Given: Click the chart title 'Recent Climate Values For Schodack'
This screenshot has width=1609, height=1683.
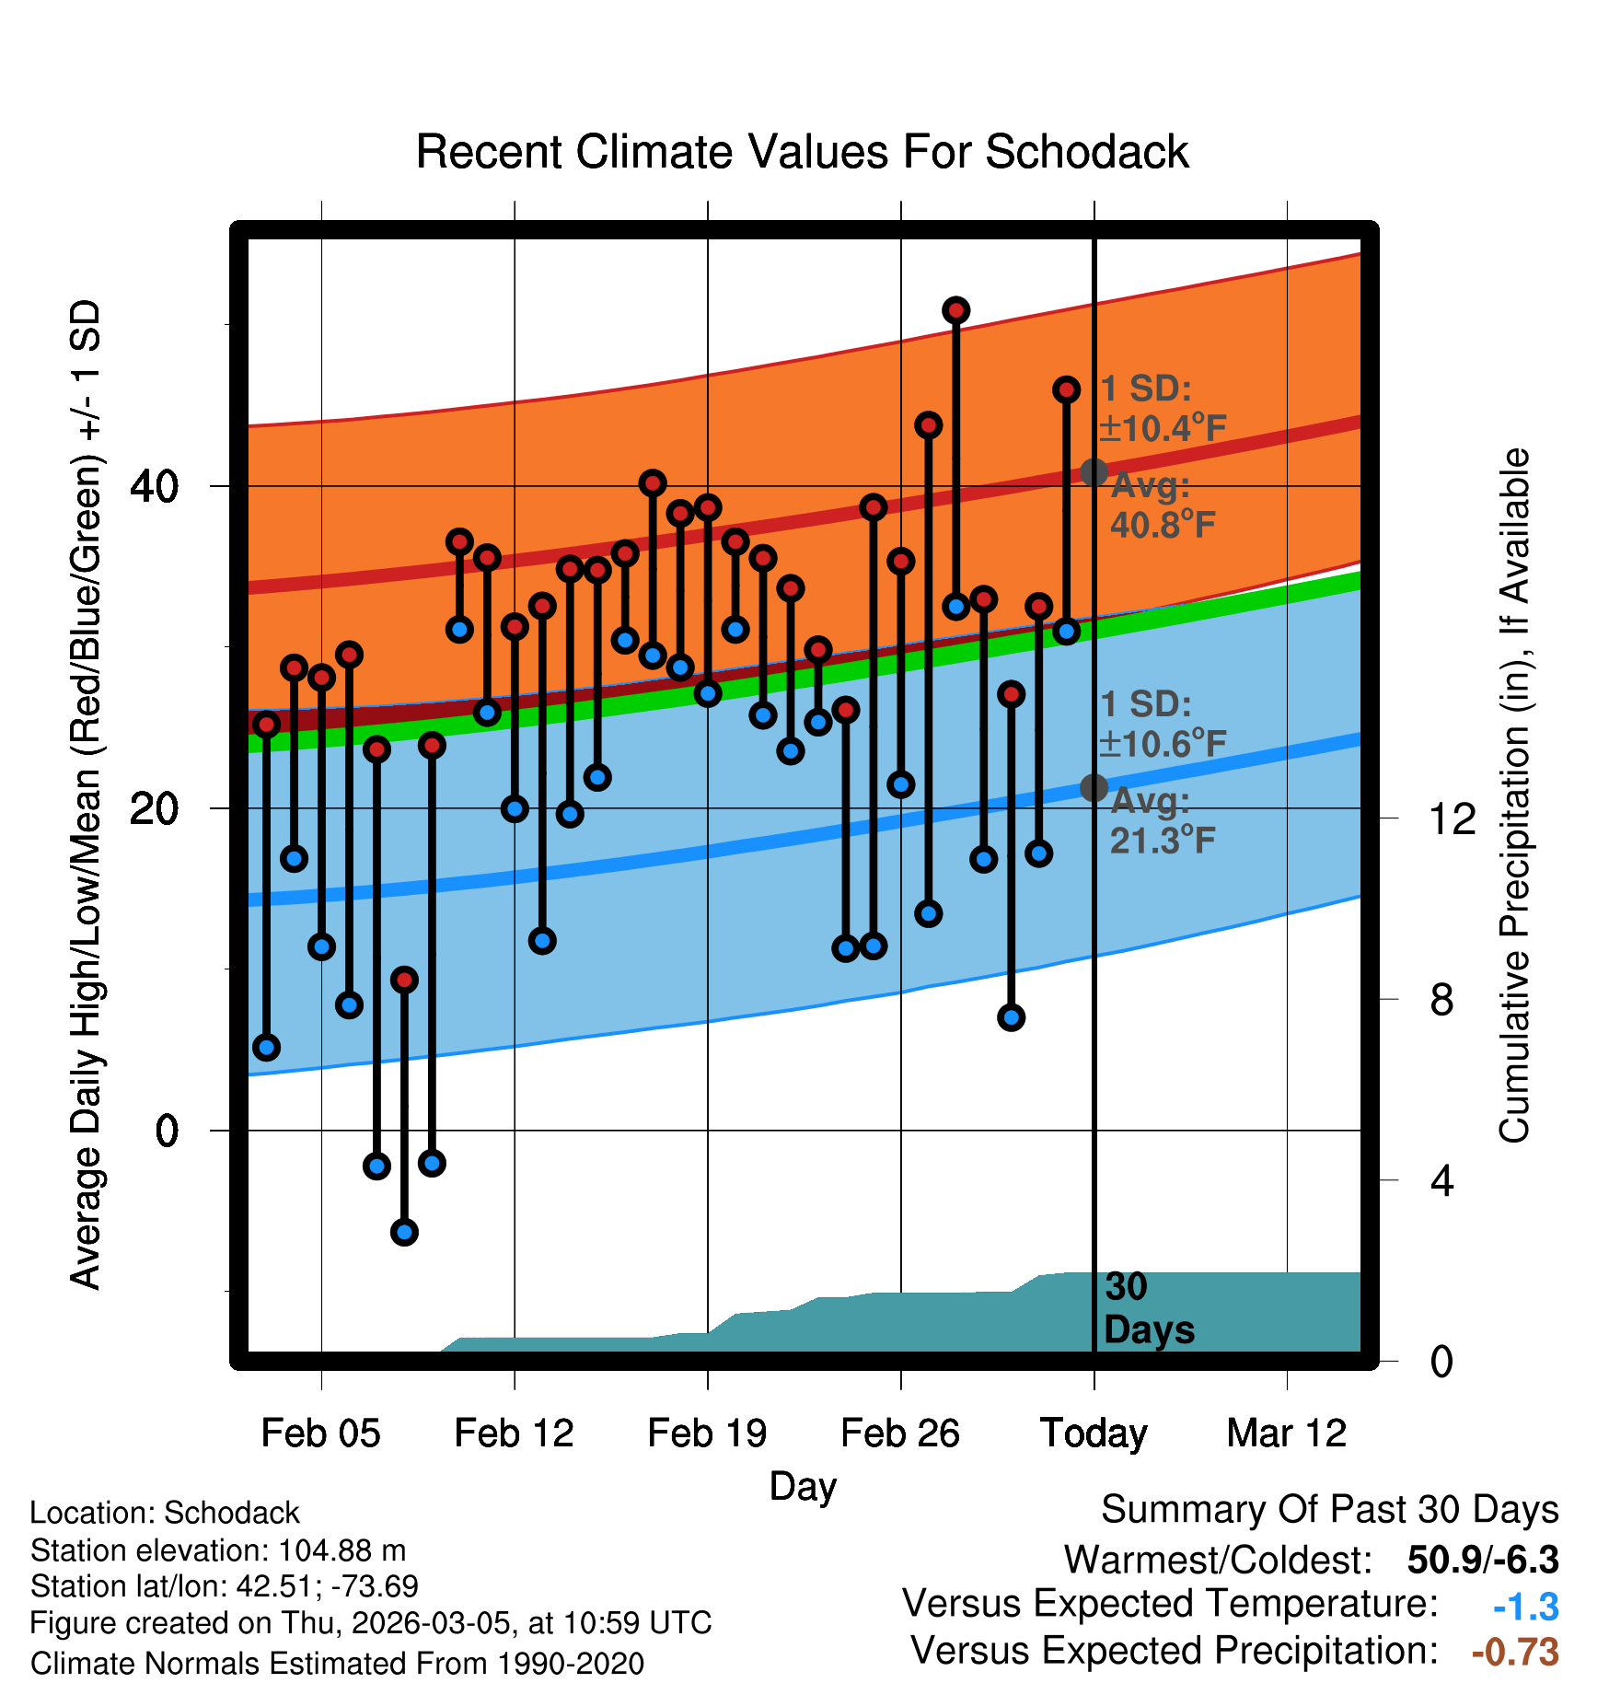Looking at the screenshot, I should coord(802,152).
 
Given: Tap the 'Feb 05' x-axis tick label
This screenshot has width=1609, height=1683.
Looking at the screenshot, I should coord(320,1433).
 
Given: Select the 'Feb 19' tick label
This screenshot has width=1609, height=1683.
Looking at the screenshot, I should coord(707,1433).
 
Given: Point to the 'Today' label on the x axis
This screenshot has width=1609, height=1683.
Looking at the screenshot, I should coord(1094,1433).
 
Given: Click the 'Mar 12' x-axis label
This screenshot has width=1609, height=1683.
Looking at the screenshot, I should coord(1287,1433).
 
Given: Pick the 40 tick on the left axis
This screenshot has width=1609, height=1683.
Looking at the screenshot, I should coord(154,486).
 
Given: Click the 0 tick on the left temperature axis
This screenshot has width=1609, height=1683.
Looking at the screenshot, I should coord(166,1131).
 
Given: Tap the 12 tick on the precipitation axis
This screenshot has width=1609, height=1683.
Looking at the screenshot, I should coord(1453,818).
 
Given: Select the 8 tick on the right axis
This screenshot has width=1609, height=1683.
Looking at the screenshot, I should coord(1441,999).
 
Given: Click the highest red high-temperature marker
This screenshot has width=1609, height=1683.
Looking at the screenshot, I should coord(955,310).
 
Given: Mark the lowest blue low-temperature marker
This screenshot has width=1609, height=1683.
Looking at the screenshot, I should coord(404,1232).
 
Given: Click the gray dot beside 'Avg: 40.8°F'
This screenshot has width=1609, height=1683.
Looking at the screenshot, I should coord(1094,472).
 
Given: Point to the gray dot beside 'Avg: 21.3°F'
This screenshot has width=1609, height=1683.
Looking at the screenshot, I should coord(1094,787).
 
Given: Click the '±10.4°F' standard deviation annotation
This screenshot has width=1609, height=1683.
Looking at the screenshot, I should coord(1163,428).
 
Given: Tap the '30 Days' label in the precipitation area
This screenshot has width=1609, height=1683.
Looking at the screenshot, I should coord(1148,1308).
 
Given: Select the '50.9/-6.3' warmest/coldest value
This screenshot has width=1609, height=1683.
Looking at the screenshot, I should coord(1483,1560).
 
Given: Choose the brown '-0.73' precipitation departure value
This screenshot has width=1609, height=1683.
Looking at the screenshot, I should coord(1515,1652).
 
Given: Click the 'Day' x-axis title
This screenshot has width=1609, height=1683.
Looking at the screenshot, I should coord(803,1486).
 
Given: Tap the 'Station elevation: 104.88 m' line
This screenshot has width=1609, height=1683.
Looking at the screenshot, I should coord(218,1550).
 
